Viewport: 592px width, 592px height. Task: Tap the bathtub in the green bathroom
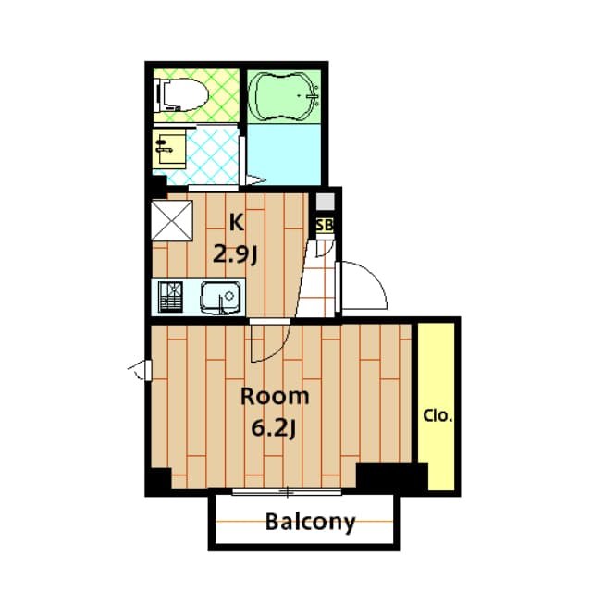285,95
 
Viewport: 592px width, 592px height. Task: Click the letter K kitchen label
237,222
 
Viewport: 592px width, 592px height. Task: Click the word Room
275,397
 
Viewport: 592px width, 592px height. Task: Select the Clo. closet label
438,416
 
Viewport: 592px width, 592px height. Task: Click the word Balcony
310,523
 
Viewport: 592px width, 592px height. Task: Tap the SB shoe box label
324,225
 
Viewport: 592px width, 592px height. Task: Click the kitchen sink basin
222,298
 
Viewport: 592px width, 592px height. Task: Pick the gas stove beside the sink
172,298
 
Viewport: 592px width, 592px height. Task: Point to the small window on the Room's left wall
141,371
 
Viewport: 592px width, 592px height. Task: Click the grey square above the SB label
324,202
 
